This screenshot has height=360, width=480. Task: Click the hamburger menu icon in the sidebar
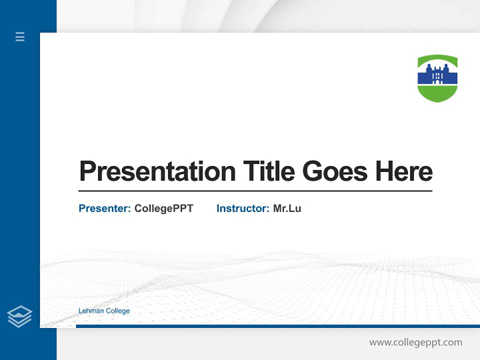[x=20, y=36]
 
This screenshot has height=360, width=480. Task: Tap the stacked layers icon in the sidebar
[x=19, y=316]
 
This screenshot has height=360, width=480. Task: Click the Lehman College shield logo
[x=437, y=78]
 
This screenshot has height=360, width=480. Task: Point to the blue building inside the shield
[x=437, y=75]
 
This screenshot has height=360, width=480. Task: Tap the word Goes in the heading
[x=335, y=171]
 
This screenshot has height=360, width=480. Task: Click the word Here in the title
[x=404, y=171]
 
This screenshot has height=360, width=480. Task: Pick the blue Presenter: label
[x=104, y=208]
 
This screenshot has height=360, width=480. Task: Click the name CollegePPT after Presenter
[x=163, y=208]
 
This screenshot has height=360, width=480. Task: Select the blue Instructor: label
[x=242, y=208]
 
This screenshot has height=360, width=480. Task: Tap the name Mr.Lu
[x=287, y=208]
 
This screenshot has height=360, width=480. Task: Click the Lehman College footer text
[x=104, y=311]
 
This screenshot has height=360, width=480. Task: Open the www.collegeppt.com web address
[x=415, y=342]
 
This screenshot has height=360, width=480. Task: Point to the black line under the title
[x=255, y=191]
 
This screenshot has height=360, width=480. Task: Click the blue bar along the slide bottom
[x=277, y=326]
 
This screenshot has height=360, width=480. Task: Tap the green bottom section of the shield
[x=437, y=93]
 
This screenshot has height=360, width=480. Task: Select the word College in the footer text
[x=117, y=311]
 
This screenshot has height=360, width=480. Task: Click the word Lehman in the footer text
[x=91, y=311]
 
